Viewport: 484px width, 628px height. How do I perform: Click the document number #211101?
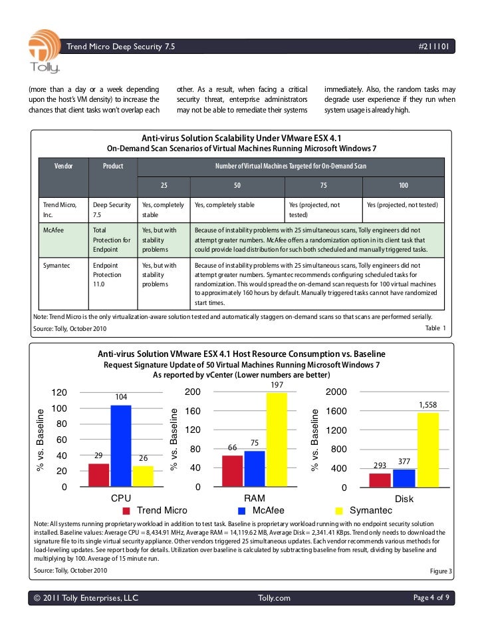(x=436, y=47)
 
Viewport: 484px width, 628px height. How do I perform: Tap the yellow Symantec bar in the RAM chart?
(x=277, y=440)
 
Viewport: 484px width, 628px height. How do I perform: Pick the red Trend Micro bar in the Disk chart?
(x=380, y=479)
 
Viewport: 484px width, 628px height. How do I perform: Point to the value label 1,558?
(x=427, y=405)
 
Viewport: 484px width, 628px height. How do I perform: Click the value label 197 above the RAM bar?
(x=277, y=386)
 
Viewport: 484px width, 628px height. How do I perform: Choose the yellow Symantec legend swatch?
(x=339, y=511)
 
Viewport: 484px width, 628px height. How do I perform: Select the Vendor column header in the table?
(x=64, y=165)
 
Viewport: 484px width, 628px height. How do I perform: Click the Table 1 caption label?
(x=435, y=328)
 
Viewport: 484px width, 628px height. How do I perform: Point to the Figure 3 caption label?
(x=441, y=572)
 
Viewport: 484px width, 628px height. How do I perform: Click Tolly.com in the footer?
(x=274, y=598)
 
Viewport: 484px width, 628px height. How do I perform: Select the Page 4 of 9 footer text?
(x=431, y=598)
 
